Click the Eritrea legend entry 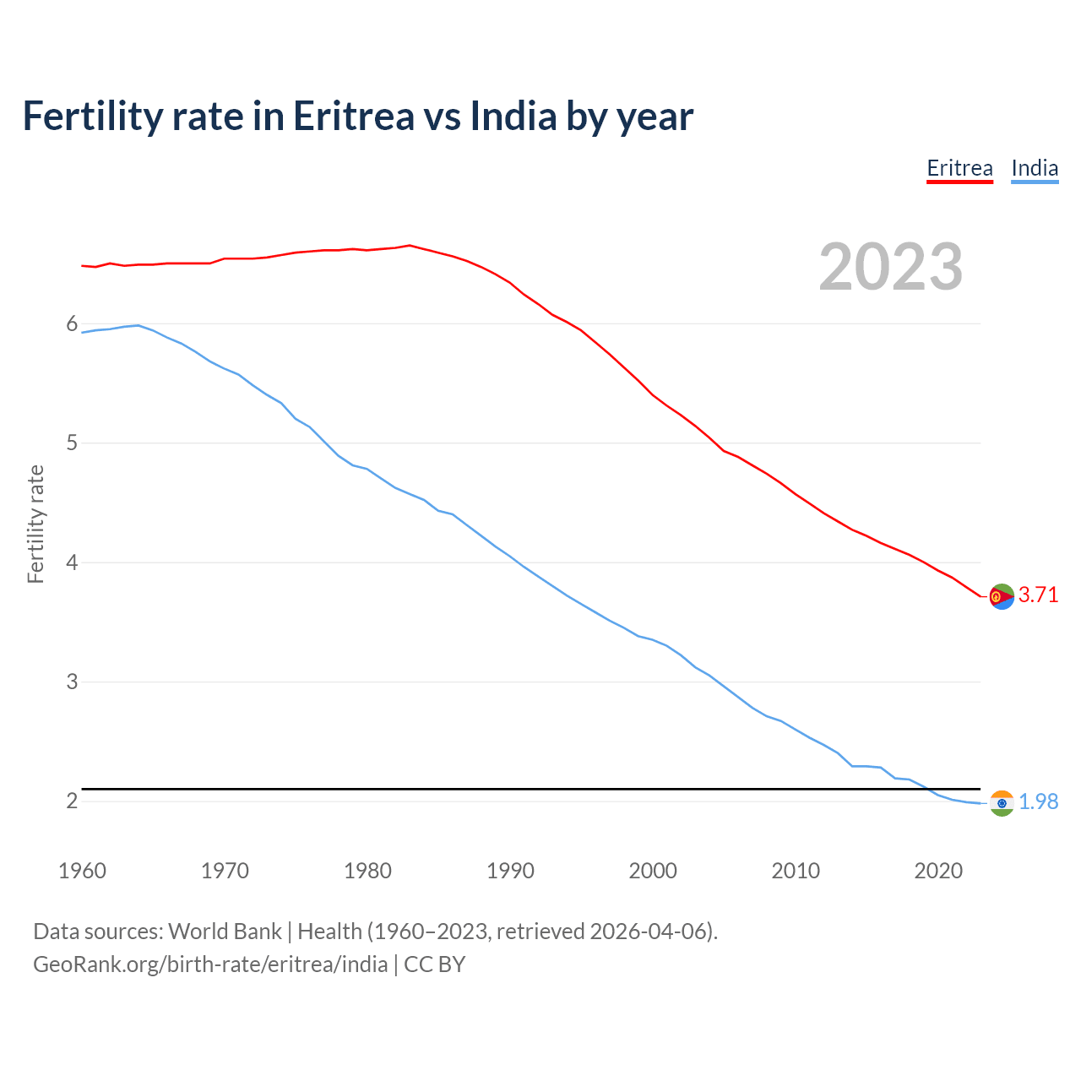tap(959, 168)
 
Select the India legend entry tap(1035, 168)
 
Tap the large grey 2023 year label tap(891, 267)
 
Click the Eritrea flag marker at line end tap(1002, 596)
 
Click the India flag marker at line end tap(1002, 803)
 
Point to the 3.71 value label tap(1038, 595)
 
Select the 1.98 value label tap(1038, 801)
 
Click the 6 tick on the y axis tap(72, 324)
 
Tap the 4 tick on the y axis tap(72, 562)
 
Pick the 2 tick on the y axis tap(72, 801)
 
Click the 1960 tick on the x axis tap(82, 871)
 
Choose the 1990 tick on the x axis tap(510, 871)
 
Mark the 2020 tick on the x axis tap(938, 871)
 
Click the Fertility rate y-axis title tap(35, 524)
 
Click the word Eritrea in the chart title tap(354, 116)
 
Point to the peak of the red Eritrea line tap(410, 246)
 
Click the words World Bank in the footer tap(225, 932)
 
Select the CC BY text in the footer tap(434, 964)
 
